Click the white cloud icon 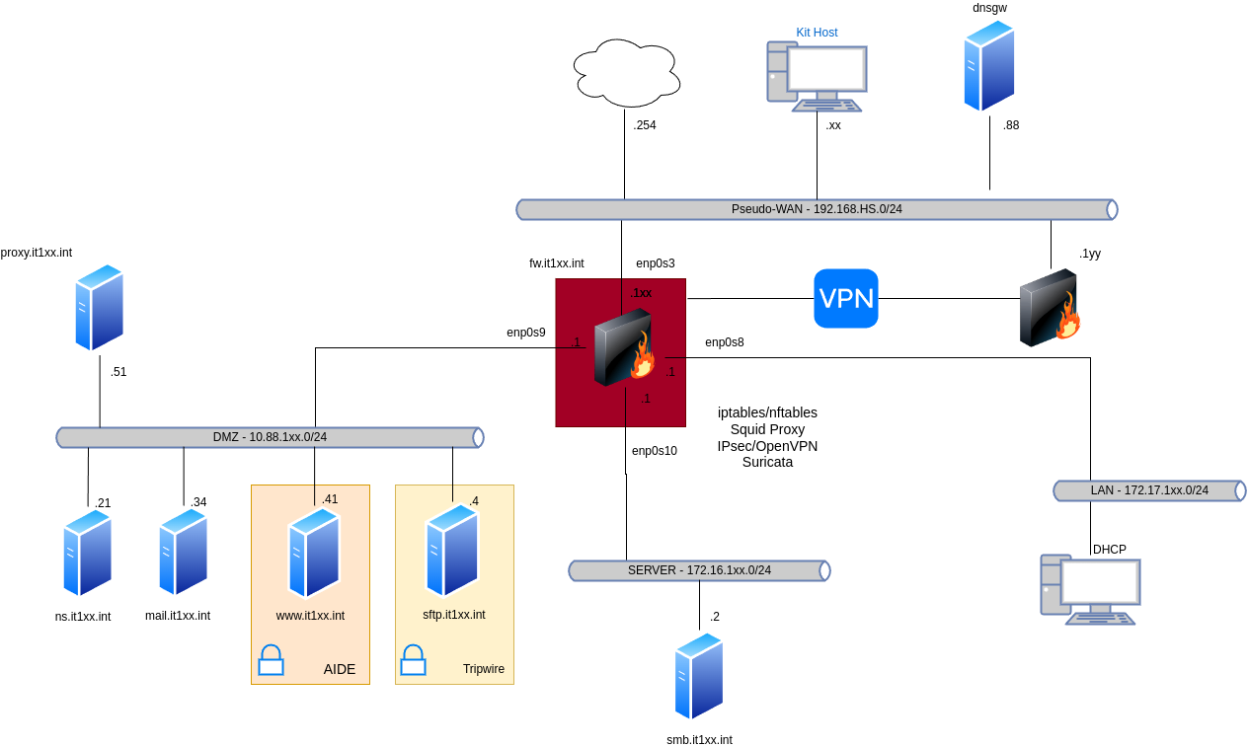tap(627, 73)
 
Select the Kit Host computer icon tap(817, 76)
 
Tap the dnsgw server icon tap(989, 66)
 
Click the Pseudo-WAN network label tap(817, 209)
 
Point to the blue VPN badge tap(846, 298)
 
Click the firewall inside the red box tap(624, 347)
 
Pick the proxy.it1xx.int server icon tap(100, 307)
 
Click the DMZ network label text tap(270, 437)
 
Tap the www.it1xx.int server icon tap(314, 553)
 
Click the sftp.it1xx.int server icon tap(452, 550)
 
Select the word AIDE tap(340, 669)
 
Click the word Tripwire tap(484, 669)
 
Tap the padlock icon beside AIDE tap(271, 660)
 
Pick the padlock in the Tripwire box tap(413, 660)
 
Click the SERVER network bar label tap(699, 570)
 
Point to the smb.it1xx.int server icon tap(699, 677)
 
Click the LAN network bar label tap(1149, 490)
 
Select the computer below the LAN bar tap(1090, 589)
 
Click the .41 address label tap(330, 499)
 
